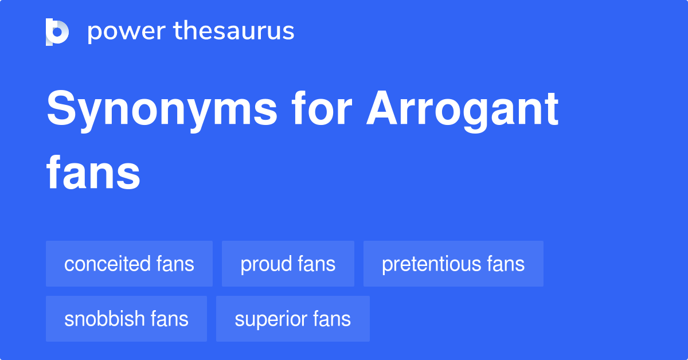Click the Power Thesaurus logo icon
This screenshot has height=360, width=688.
[57, 32]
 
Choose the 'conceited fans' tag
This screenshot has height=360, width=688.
[129, 264]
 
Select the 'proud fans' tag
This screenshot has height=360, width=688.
[288, 264]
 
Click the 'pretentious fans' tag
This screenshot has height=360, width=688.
[453, 264]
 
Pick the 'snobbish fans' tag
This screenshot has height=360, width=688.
[126, 319]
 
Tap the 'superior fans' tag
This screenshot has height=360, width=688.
[292, 319]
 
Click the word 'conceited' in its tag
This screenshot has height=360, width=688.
[107, 264]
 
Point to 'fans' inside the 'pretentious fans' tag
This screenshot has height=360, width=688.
[506, 264]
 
